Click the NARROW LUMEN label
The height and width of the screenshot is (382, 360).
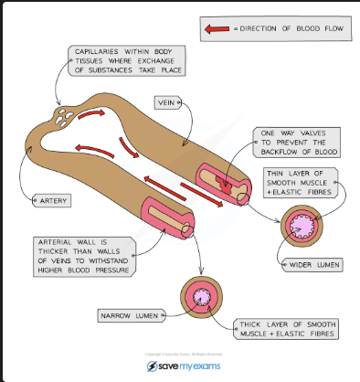[130, 315]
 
